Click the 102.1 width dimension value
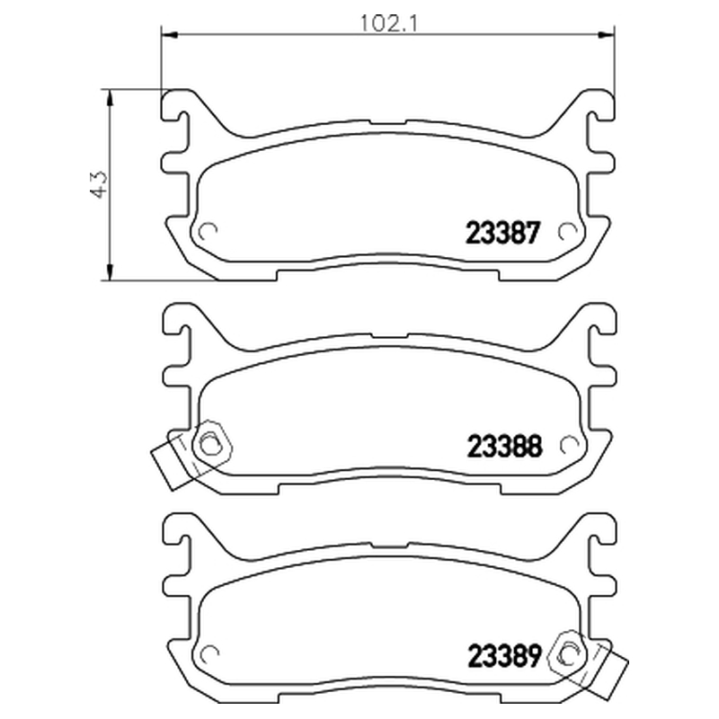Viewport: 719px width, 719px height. click(388, 23)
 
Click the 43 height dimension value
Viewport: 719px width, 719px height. click(99, 184)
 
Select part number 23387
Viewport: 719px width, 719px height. click(502, 233)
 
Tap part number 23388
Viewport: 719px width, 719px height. click(504, 446)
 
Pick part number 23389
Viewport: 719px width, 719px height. click(504, 656)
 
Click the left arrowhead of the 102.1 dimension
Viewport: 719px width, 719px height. click(170, 34)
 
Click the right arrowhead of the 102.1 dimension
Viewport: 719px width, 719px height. click(606, 34)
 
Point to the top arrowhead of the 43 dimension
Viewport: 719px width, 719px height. click(109, 97)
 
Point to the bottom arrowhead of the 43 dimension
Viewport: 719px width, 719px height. click(109, 272)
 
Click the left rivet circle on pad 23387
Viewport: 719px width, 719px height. click(208, 232)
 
